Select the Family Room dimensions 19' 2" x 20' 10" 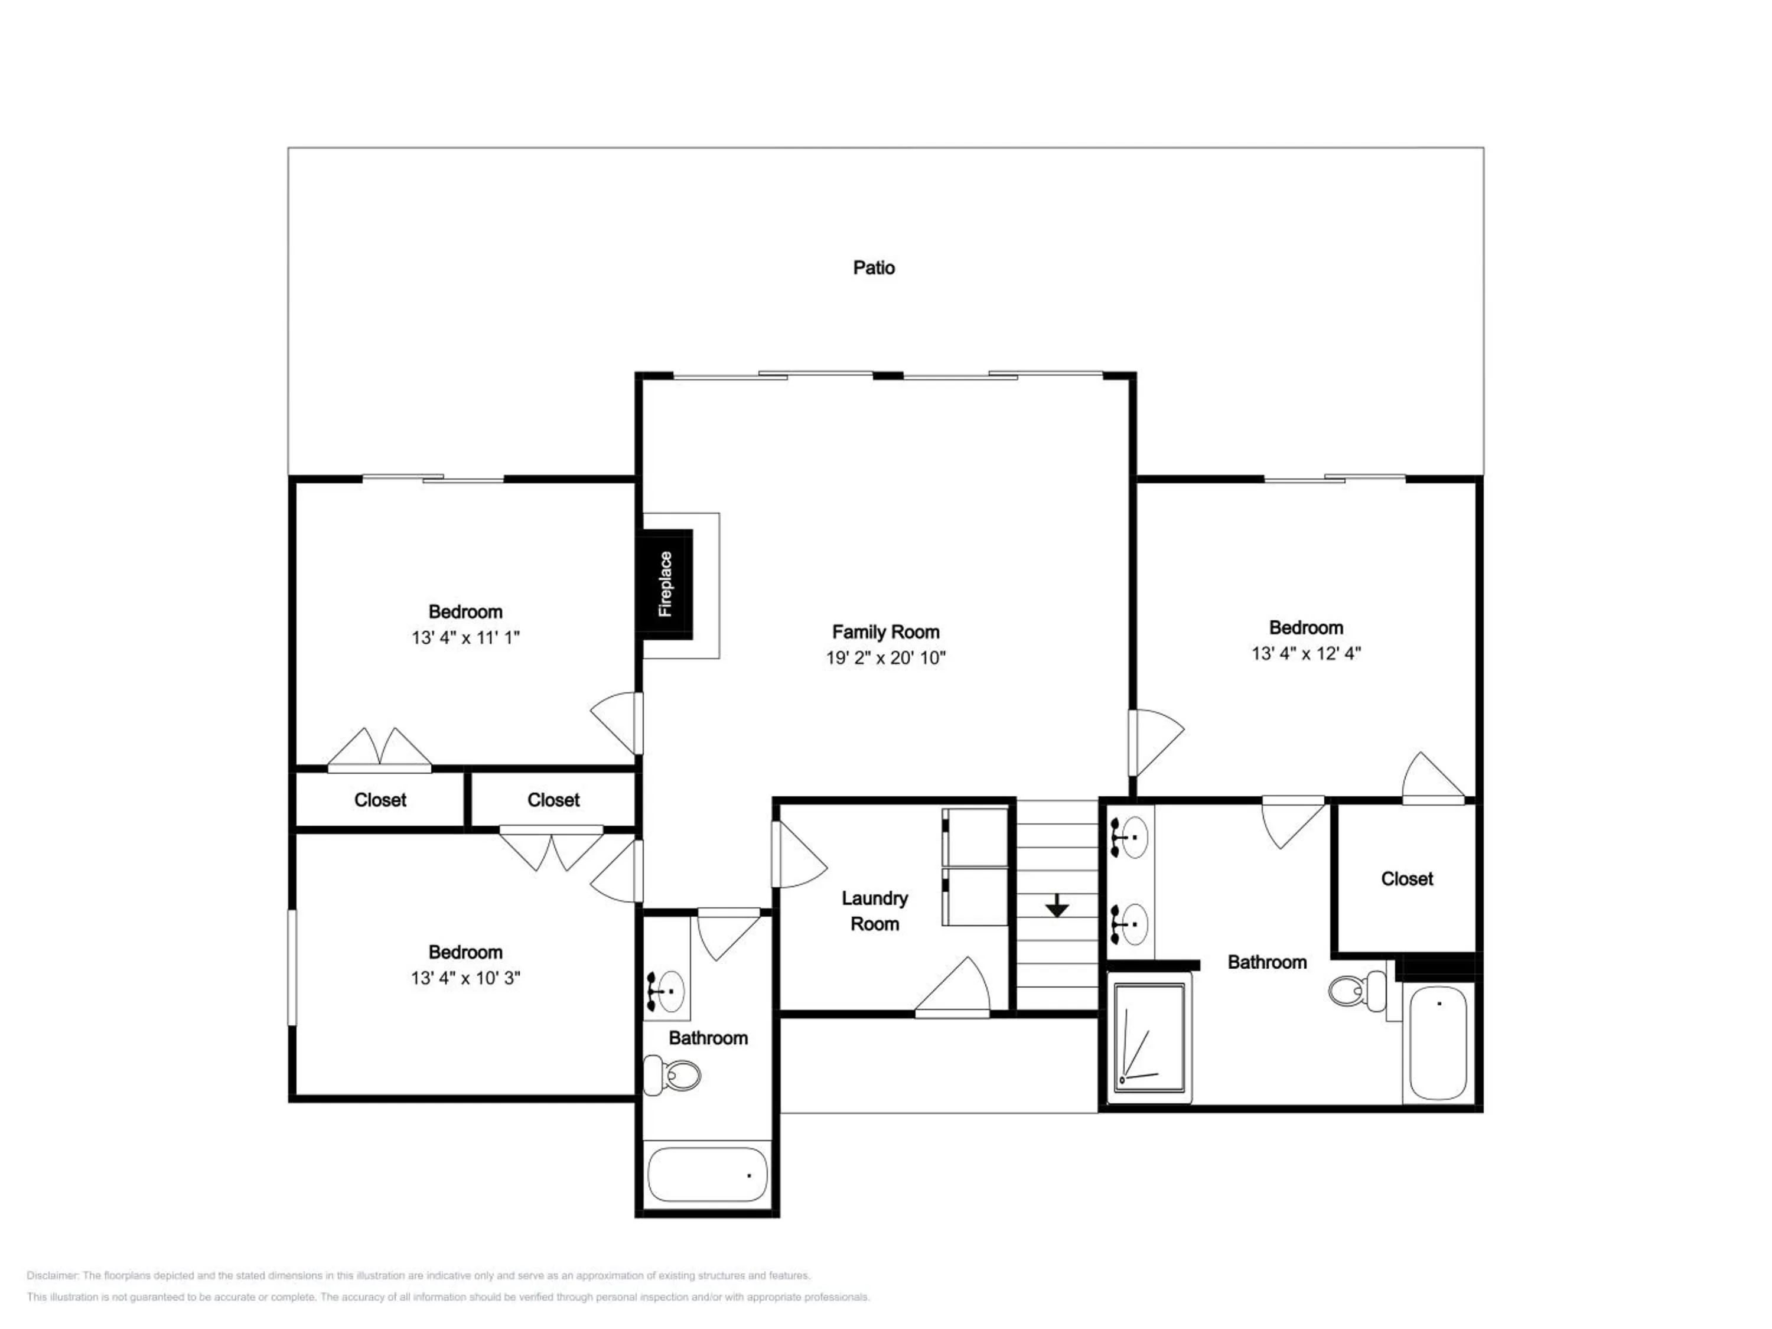(x=885, y=657)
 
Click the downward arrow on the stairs (x=1057, y=905)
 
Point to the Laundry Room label (x=875, y=911)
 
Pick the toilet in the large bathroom (x=1357, y=991)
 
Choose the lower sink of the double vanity (x=1129, y=925)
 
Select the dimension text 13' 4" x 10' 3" (x=465, y=978)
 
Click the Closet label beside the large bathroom (x=1407, y=879)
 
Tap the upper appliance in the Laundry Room (x=975, y=837)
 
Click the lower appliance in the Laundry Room (x=975, y=897)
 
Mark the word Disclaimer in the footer (x=52, y=1275)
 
